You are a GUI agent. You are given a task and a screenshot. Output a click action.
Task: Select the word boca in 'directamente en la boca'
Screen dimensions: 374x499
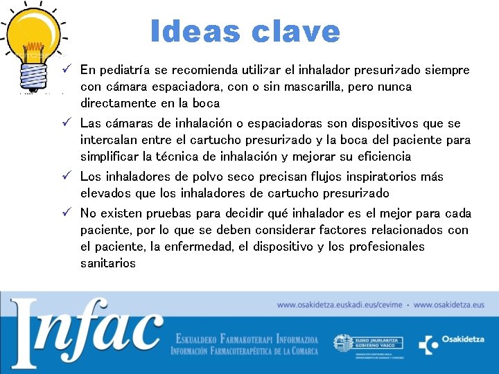pos(206,104)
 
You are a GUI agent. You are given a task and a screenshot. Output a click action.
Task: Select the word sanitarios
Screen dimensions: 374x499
pos(107,264)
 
